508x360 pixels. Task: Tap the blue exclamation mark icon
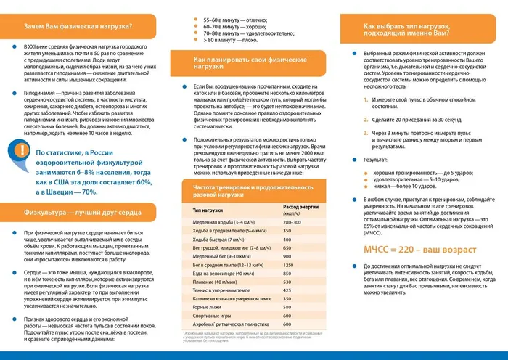[x=17, y=155]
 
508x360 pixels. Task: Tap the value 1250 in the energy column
[x=289, y=265]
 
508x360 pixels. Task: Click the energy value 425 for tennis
[x=287, y=290]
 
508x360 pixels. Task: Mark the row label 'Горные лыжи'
[x=208, y=307]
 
